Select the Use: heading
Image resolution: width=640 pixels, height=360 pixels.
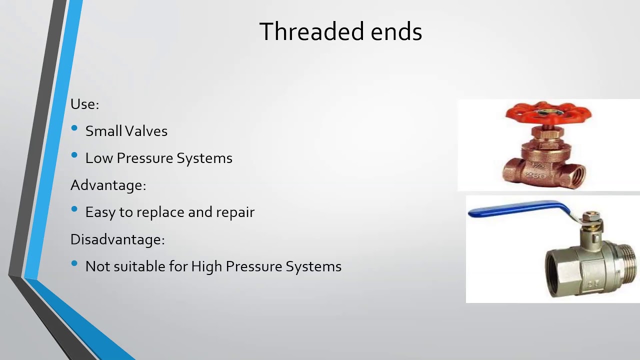click(x=84, y=104)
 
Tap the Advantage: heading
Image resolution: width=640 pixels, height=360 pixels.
click(x=108, y=185)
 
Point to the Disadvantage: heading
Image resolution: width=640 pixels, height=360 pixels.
click(x=117, y=239)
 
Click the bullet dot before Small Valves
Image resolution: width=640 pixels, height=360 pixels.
click(x=74, y=129)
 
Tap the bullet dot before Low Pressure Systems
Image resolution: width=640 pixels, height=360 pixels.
click(x=74, y=156)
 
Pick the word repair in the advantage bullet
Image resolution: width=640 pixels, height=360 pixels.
click(x=235, y=212)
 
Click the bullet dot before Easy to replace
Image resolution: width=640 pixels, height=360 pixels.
click(x=74, y=210)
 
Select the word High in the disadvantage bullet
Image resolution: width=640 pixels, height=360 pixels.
click(x=206, y=266)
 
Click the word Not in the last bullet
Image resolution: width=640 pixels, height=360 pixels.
click(x=97, y=266)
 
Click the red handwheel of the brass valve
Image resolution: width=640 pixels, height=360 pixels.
click(x=548, y=113)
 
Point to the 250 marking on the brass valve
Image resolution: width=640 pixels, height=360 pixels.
click(x=535, y=175)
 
